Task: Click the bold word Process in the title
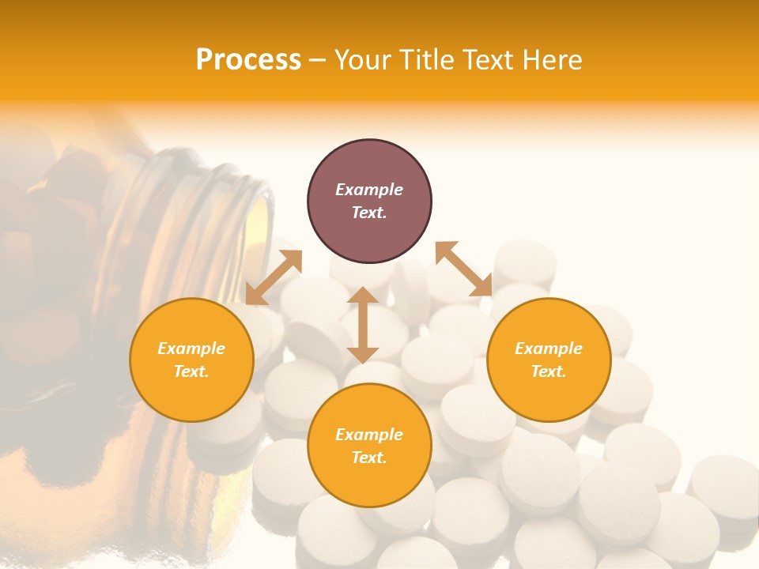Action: (x=248, y=60)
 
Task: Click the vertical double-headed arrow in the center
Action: (x=363, y=325)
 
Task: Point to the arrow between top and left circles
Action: (x=274, y=277)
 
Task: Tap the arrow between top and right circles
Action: (x=463, y=269)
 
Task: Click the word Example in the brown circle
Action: (x=369, y=190)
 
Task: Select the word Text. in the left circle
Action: (x=191, y=371)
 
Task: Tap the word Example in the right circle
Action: (x=549, y=349)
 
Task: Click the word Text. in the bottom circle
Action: (x=369, y=458)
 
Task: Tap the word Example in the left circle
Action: (x=191, y=349)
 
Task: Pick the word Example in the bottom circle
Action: (x=369, y=435)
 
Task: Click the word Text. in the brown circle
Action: (x=369, y=213)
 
